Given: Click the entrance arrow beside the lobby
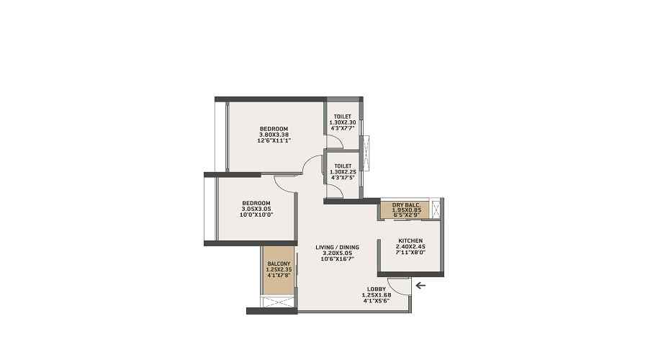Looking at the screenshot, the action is coord(420,285).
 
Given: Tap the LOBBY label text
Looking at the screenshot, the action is coord(377,289).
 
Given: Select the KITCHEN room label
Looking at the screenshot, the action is coord(410,240).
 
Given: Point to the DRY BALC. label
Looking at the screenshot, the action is coord(407,205).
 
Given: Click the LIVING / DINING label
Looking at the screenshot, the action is coord(337,247).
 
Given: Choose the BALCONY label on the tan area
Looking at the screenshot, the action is coord(279,264).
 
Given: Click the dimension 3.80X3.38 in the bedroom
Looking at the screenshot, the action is coord(274,135).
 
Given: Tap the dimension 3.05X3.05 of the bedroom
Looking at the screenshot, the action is coord(256,209).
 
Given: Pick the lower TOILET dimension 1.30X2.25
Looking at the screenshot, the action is coord(343,171).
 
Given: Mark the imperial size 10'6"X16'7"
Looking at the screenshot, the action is coord(337,258).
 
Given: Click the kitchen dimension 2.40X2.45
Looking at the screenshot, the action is coord(410,246).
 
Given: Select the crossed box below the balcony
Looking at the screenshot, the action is coord(279,302).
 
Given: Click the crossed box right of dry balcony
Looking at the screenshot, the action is coord(436,209).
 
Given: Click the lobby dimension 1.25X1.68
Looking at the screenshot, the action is coord(377,294).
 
